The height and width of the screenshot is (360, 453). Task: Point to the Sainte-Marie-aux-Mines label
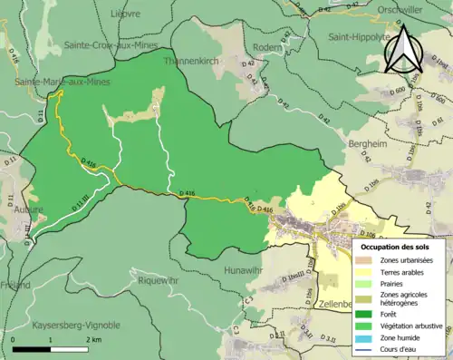56,81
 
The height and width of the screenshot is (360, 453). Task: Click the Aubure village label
29,208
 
